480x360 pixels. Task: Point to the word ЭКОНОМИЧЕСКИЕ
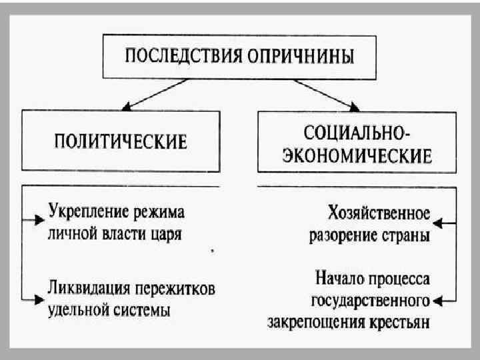tap(357, 156)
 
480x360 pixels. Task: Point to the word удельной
tap(81, 310)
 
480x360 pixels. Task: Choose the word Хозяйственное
tap(379, 214)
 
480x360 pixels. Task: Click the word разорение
tap(354, 236)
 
